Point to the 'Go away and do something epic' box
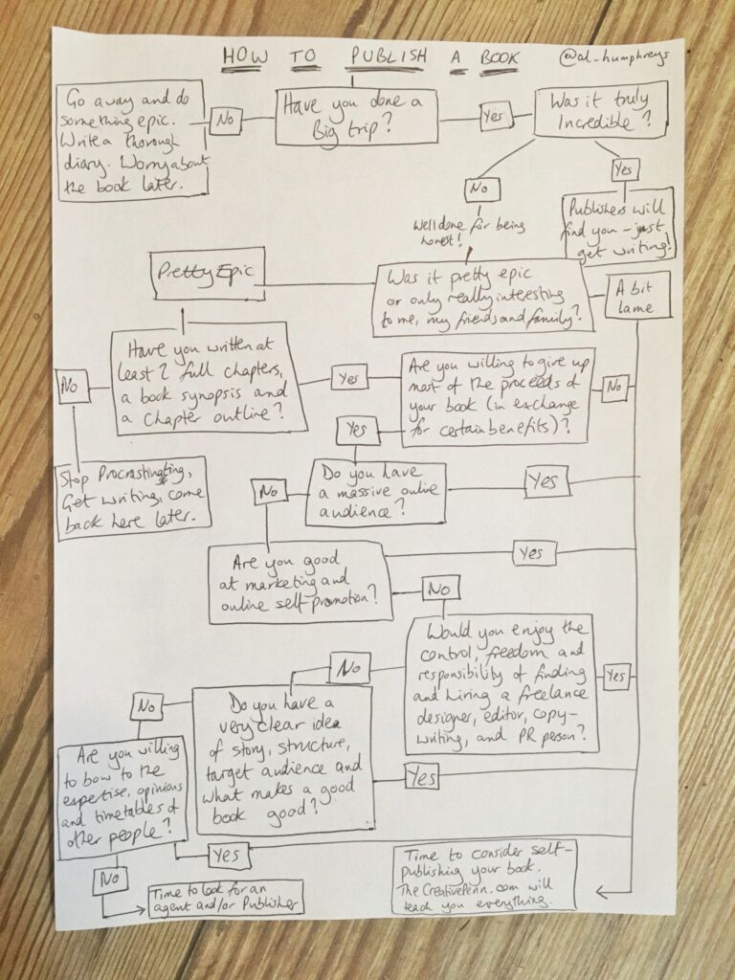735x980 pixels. click(x=130, y=139)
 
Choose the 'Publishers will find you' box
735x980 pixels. click(x=618, y=225)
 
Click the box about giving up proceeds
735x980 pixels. click(x=496, y=394)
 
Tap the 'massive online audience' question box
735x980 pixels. click(x=375, y=493)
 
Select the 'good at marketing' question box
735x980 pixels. click(x=299, y=580)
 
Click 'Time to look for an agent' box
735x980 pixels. click(x=226, y=899)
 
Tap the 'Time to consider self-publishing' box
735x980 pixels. click(x=485, y=877)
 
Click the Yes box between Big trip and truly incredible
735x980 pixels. click(x=494, y=117)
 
